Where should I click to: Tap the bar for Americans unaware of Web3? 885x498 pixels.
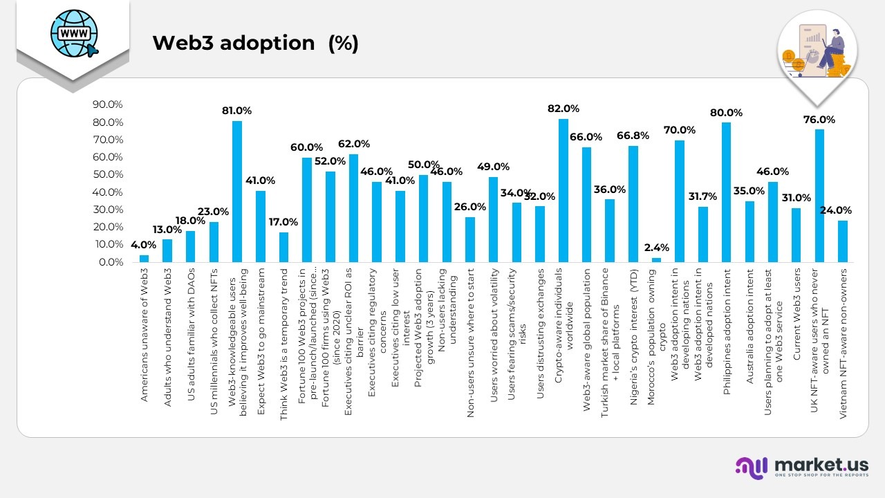(x=144, y=259)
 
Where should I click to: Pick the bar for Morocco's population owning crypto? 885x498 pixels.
(x=656, y=260)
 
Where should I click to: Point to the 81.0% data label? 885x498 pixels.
(x=236, y=111)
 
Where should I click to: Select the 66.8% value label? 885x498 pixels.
(x=633, y=136)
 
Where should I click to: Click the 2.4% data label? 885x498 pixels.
(x=656, y=248)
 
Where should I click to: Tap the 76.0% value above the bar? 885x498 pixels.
(x=819, y=120)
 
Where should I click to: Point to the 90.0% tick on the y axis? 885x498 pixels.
(x=107, y=104)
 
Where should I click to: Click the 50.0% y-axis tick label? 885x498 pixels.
(x=107, y=174)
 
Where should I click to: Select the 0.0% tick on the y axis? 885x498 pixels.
(x=110, y=262)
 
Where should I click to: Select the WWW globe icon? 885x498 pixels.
(x=73, y=33)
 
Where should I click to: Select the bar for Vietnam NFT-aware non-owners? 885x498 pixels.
(x=842, y=241)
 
